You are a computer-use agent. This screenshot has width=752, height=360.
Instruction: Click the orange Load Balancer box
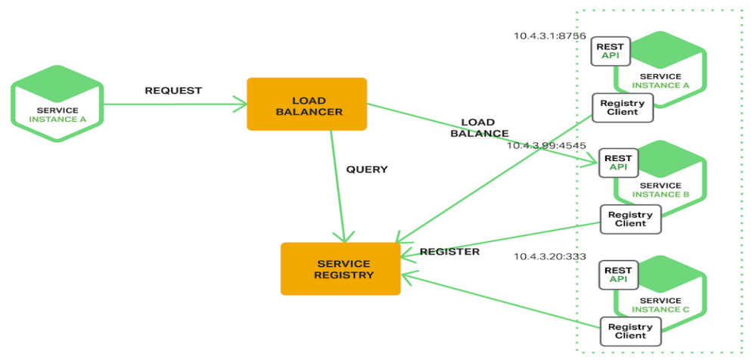307,104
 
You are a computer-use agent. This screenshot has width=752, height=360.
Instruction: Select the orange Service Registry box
340,269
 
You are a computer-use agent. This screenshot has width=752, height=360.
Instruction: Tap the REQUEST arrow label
173,91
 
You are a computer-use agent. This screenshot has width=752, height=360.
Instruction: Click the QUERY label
367,169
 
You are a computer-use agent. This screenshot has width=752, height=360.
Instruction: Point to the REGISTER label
450,252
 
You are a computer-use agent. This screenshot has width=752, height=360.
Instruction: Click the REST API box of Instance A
610,51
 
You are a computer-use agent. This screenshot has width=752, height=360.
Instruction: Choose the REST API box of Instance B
617,163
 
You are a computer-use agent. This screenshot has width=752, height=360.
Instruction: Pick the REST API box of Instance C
617,275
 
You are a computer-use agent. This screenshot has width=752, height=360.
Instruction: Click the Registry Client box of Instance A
623,107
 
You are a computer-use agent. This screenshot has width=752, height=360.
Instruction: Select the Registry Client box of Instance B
630,219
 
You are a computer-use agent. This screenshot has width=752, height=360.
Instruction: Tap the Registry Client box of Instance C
630,331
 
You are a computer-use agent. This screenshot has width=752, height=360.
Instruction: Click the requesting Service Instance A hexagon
57,104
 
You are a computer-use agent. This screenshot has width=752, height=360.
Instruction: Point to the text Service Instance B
660,191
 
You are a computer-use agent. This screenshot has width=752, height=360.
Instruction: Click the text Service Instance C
660,305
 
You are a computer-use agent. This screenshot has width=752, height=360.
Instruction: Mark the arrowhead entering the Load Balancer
240,104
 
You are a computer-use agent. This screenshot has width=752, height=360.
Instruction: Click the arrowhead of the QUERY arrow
344,236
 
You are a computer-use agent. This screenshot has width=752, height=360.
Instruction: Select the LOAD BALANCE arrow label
479,128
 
